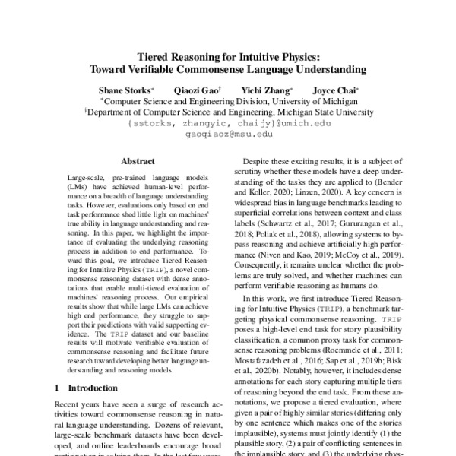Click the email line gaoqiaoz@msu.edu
[x=228, y=133]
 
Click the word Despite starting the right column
[x=258, y=160]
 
